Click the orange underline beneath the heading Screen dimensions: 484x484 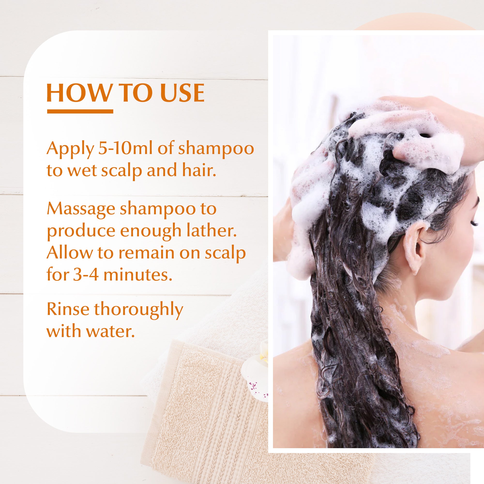coord(80,112)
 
